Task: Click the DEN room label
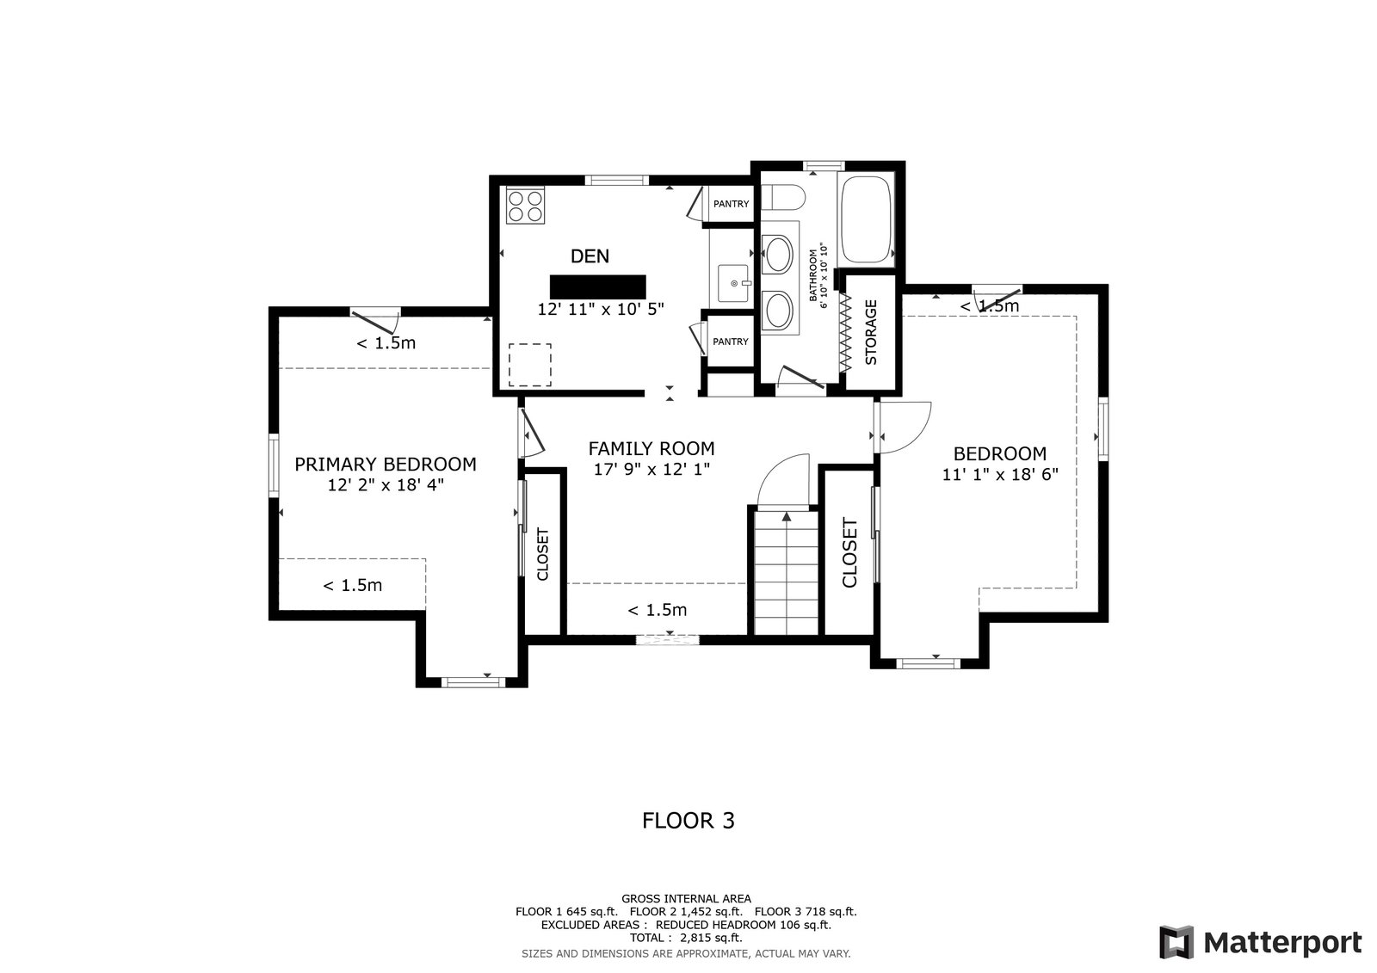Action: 590,256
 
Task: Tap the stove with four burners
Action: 525,206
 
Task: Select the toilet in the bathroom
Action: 782,198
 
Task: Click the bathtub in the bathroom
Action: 866,219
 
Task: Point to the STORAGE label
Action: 871,332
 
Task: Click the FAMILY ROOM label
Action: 651,448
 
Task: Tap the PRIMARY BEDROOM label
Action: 386,464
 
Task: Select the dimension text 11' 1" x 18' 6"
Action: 1000,475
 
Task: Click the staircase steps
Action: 787,572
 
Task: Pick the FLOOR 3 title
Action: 688,821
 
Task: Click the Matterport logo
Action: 1260,942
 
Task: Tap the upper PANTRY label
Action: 731,204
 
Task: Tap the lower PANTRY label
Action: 731,342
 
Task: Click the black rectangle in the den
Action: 597,286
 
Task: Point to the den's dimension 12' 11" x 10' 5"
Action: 601,309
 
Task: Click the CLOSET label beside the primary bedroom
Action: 542,554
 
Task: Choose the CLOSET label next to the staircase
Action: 849,552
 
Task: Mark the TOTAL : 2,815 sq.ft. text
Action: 686,938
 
